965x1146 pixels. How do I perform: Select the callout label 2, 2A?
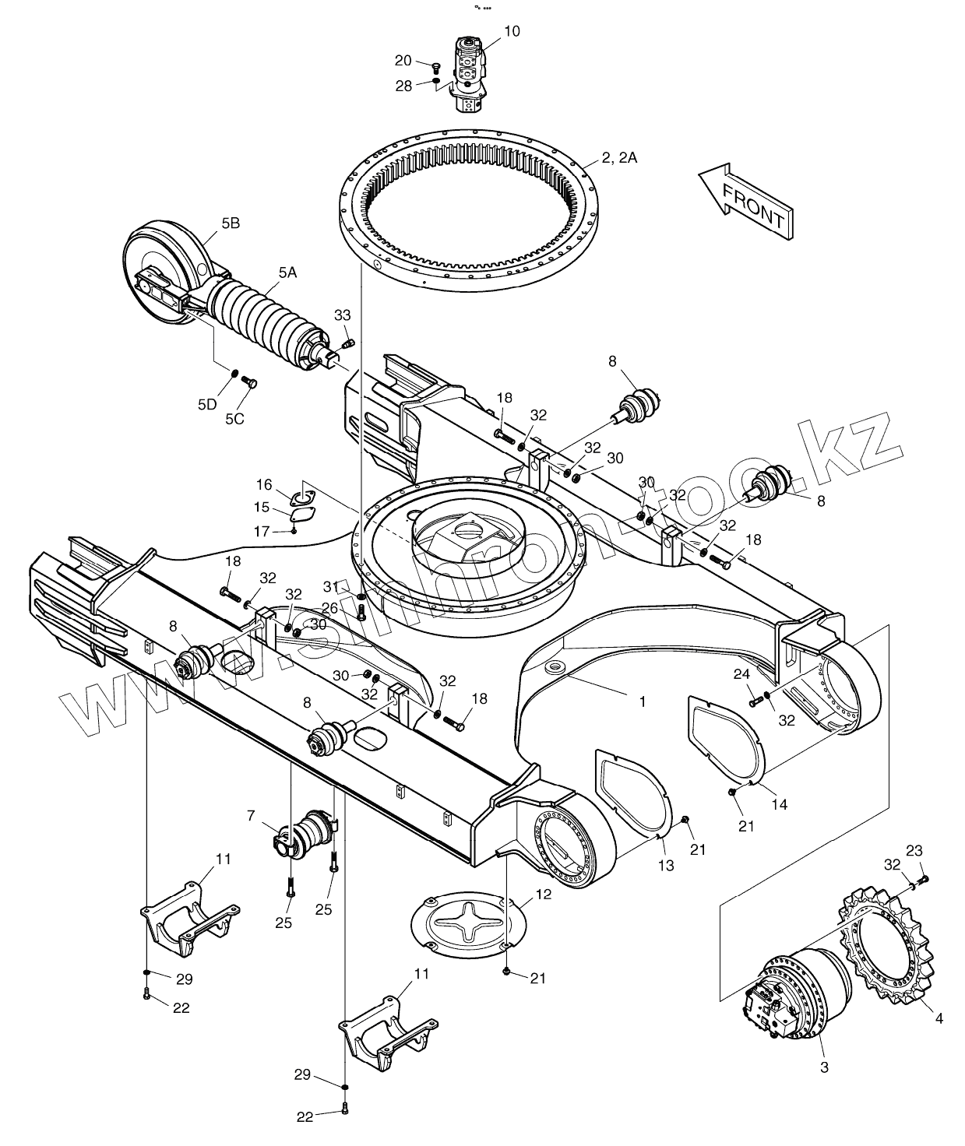pos(619,158)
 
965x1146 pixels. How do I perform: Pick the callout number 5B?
pos(231,223)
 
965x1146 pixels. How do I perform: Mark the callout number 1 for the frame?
pos(643,701)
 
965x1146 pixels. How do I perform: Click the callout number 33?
pos(343,315)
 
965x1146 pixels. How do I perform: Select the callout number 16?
pos(264,485)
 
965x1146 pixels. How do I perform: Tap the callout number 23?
pos(914,850)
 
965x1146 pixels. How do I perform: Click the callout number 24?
pos(741,673)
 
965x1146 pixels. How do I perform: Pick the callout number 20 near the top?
pos(403,61)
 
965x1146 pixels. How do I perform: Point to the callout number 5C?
pos(234,419)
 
